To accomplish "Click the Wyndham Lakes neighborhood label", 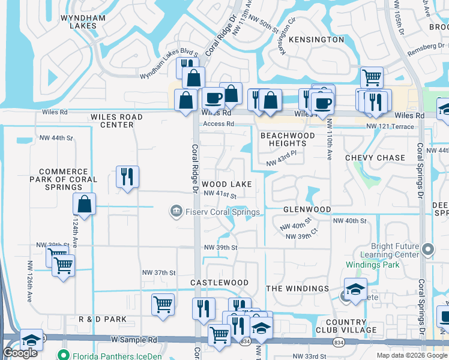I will click(83, 22).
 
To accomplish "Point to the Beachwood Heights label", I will click(288, 140).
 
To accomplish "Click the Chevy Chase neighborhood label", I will click(375, 158).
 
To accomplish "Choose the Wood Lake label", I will click(226, 184).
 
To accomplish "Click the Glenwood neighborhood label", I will click(307, 209).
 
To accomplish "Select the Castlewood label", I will click(219, 282).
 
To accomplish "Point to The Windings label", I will click(298, 289).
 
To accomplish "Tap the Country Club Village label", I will click(346, 326).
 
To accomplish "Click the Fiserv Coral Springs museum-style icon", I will click(176, 211).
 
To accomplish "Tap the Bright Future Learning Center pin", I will click(428, 248).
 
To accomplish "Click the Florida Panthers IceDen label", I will click(108, 354).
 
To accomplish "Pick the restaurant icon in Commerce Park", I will click(127, 176).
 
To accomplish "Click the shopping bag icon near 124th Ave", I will click(85, 204).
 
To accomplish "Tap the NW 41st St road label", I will click(220, 194).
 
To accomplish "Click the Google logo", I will click(20, 353).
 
